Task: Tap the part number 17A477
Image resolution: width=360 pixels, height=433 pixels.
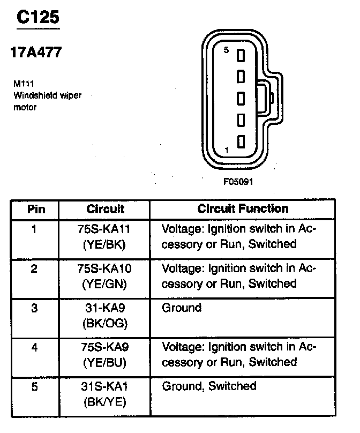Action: coord(35,53)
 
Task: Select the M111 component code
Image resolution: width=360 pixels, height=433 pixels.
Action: coord(22,84)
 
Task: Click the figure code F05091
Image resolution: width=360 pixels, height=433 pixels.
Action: coord(238,181)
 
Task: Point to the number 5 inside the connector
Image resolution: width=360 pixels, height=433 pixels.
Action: coord(226,50)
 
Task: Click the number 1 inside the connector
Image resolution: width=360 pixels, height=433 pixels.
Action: coord(227,151)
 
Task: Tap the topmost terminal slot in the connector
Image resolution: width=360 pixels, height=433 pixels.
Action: coord(241,55)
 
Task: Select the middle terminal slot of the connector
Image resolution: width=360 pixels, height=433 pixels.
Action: coord(241,98)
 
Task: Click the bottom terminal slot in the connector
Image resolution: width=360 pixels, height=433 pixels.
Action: coord(241,141)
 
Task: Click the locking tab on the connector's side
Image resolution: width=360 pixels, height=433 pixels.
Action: coord(269,98)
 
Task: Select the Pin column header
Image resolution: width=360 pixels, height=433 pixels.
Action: coord(36,209)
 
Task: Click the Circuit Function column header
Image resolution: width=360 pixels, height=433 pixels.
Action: coord(243,209)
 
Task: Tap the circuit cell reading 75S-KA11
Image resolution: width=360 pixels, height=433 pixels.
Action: coord(105,229)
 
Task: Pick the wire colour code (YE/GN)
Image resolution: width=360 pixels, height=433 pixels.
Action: coord(105,283)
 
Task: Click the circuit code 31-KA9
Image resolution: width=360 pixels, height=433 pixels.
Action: coord(105,308)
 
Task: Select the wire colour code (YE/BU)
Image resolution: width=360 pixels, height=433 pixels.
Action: coord(105,362)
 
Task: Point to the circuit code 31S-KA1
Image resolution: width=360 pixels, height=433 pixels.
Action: coord(105,386)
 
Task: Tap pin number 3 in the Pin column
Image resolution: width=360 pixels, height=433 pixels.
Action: coord(35,308)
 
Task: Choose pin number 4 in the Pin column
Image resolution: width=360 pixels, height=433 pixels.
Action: coord(35,347)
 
